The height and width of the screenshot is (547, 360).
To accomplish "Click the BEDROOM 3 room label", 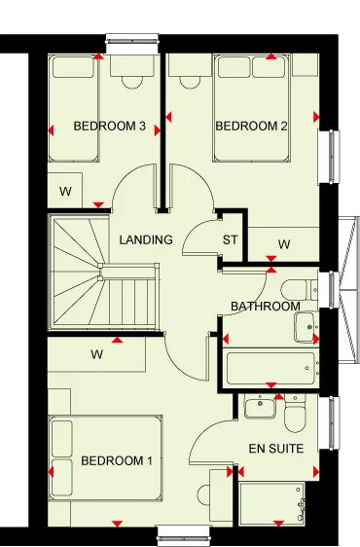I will (110, 126).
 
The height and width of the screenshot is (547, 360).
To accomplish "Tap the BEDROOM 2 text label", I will (252, 126).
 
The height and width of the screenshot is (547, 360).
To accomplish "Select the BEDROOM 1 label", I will (117, 460).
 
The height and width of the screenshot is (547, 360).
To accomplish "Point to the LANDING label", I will (146, 239).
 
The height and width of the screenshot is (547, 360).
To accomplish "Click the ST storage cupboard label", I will (231, 240).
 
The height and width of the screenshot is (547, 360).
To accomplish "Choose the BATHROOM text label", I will (265, 307).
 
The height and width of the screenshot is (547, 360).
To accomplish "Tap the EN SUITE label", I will (276, 449).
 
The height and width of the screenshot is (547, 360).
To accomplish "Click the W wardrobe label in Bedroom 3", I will (65, 191).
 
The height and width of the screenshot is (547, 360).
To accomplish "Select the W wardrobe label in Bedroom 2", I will (284, 243).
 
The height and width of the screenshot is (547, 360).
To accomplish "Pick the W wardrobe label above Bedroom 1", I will (97, 354).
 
